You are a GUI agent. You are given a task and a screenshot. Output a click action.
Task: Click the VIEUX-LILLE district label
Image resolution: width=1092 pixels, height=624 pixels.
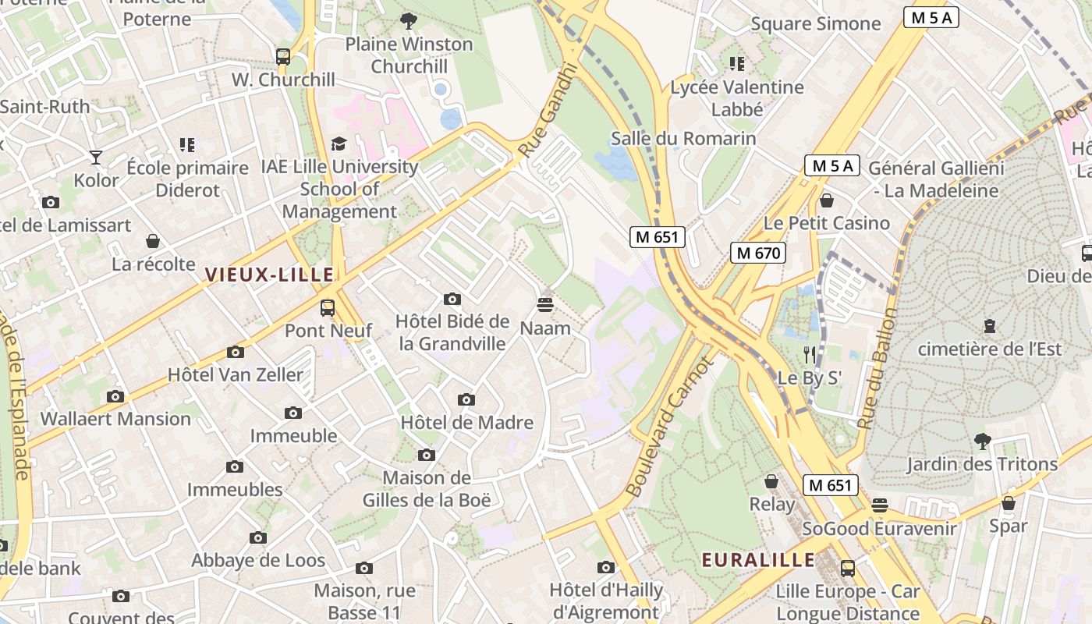click(269, 275)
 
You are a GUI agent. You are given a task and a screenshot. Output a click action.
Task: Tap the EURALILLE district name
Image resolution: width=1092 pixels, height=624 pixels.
click(758, 560)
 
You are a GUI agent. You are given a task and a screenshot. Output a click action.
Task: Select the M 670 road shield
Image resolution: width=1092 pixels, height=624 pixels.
click(757, 253)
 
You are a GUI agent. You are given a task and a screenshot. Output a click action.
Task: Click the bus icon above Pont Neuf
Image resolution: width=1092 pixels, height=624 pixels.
click(328, 307)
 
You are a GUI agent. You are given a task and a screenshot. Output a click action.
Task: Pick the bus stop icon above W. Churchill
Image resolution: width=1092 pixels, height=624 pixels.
click(283, 57)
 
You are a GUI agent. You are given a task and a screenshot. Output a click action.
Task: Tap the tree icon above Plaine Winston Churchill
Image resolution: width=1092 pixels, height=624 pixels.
click(408, 21)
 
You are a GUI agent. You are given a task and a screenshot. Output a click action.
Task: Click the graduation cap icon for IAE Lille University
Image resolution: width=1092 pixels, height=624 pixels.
click(339, 144)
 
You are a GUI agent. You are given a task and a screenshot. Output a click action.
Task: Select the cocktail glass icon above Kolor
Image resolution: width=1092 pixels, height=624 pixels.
click(96, 158)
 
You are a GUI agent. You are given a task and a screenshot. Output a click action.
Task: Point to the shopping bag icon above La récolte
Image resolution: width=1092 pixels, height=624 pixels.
click(153, 241)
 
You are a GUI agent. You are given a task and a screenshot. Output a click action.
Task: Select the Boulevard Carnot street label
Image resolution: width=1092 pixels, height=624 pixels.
click(669, 427)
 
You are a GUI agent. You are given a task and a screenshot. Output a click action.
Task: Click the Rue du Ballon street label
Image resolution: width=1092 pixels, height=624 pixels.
click(877, 368)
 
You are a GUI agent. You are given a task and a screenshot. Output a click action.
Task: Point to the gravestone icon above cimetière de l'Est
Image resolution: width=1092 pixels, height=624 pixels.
click(990, 325)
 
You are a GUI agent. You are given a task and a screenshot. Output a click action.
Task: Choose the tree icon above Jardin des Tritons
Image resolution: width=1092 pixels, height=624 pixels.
click(982, 441)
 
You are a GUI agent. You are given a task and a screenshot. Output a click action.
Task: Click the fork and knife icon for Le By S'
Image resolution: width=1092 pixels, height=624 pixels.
click(810, 355)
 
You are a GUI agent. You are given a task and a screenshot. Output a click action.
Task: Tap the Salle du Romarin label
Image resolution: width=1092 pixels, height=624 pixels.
click(683, 139)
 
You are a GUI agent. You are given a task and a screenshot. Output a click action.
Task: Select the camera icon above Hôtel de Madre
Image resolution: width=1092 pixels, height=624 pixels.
click(466, 400)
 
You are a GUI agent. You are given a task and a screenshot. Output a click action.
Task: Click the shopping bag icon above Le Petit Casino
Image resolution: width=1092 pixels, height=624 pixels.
click(827, 200)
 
